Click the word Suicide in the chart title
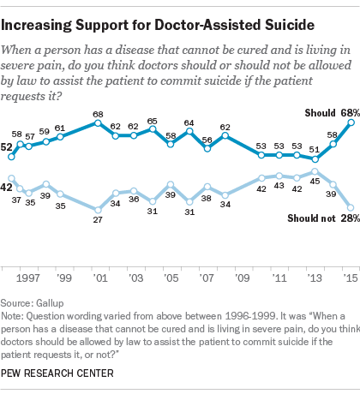(x=290, y=25)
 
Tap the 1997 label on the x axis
(x=27, y=278)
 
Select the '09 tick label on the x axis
(x=242, y=278)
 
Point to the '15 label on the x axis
(x=351, y=278)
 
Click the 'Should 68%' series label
(x=332, y=113)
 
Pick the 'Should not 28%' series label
(x=323, y=218)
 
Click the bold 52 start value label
(x=6, y=147)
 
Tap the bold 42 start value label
(x=6, y=188)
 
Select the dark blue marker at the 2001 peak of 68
(x=98, y=123)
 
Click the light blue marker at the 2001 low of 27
(x=98, y=210)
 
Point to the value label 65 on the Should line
(x=152, y=122)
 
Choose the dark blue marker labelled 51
(x=315, y=159)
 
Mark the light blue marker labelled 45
(x=315, y=171)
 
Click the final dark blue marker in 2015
(x=351, y=122)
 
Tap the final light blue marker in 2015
(x=351, y=207)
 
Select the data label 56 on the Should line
(x=207, y=140)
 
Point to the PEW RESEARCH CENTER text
(x=57, y=373)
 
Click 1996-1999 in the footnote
(x=250, y=316)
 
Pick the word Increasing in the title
(x=36, y=26)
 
